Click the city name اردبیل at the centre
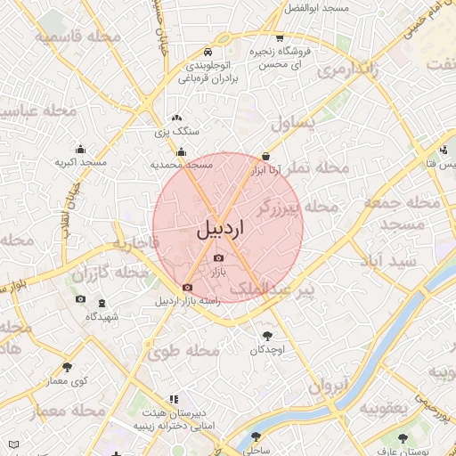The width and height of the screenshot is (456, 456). [220, 229]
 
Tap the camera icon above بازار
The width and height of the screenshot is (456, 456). [219, 258]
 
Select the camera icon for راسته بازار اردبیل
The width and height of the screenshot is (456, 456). [187, 288]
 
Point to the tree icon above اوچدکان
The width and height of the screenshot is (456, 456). [267, 336]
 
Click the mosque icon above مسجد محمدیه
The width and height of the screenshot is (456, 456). [182, 152]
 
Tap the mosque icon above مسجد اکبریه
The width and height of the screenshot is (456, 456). [81, 150]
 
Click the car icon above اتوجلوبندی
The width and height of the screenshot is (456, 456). [208, 52]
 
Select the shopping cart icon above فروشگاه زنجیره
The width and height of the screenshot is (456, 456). [281, 38]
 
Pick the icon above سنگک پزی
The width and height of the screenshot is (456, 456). [176, 118]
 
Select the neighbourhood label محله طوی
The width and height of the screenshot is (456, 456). [189, 350]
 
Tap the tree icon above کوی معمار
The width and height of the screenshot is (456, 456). [67, 367]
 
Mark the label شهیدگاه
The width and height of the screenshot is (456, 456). [99, 317]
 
